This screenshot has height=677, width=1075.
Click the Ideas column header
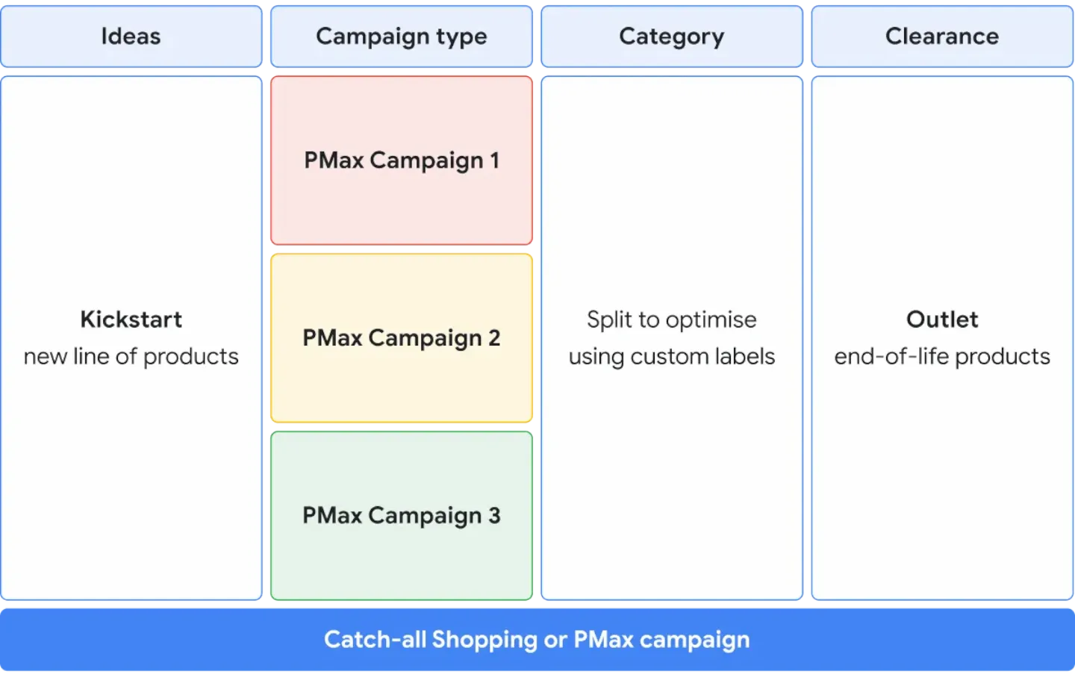(x=131, y=36)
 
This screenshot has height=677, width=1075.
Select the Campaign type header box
(x=401, y=36)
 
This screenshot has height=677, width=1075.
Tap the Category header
(x=671, y=36)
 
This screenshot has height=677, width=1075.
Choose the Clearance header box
(x=941, y=36)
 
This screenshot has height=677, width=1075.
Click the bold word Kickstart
(x=131, y=319)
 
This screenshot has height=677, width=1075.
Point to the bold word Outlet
(x=942, y=319)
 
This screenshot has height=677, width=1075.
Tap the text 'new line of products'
(x=131, y=357)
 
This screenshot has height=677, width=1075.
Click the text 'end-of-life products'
(x=942, y=357)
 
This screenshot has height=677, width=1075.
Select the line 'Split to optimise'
(x=671, y=319)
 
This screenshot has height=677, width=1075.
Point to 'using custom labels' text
(x=671, y=357)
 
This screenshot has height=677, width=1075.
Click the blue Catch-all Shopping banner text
(x=537, y=640)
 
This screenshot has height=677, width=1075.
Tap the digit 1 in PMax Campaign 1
(x=494, y=160)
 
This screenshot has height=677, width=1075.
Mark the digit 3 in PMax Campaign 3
(x=494, y=516)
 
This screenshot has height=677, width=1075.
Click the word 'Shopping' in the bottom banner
(x=484, y=640)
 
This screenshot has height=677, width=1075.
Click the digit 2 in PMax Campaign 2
(x=494, y=338)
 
